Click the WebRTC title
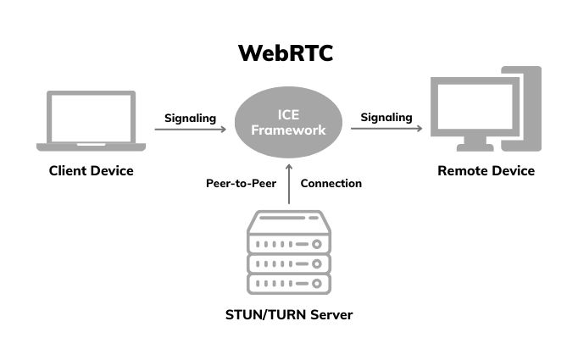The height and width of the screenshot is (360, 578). coord(285,53)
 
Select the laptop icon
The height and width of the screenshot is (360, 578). coord(91,120)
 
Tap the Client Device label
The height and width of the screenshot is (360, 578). coord(91,171)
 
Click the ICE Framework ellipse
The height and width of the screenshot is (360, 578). coord(289,125)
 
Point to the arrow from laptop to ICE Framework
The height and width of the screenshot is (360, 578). coord(191,130)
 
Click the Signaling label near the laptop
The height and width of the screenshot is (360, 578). coord(190,118)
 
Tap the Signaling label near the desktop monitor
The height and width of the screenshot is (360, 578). coord(386,117)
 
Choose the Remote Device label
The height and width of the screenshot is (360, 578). coord(486,171)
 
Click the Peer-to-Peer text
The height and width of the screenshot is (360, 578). coord(241,183)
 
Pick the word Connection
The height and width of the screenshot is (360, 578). coord(331,183)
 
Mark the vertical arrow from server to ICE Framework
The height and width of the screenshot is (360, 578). coord(289,185)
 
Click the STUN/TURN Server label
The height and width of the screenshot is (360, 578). coord(288,315)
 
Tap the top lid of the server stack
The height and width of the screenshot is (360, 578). coord(288,221)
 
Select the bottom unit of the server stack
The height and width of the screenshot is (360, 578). coord(288,283)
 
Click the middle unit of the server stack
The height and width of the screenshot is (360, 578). coord(288,263)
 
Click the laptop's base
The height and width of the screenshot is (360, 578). coord(91,147)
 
